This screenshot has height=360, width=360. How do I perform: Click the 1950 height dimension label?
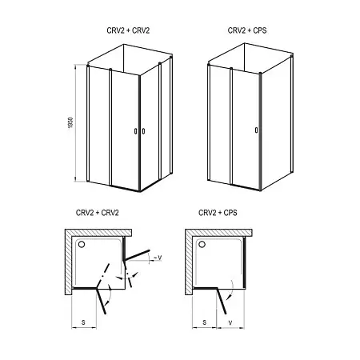click(70, 122)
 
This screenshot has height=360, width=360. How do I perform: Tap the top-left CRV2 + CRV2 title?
click(128, 30)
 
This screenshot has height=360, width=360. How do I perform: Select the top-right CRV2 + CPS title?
click(247, 30)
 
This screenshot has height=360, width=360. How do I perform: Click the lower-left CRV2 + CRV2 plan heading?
click(98, 213)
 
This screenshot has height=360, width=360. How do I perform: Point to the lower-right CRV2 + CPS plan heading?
click(218, 213)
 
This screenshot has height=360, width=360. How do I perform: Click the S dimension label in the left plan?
click(83, 322)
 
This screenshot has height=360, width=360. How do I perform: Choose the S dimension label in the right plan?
click(205, 322)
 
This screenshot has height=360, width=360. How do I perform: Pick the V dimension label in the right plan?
click(230, 323)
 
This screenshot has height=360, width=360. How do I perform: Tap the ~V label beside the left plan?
click(158, 258)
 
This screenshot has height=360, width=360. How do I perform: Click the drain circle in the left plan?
click(82, 244)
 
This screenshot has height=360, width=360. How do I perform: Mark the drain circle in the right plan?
click(202, 244)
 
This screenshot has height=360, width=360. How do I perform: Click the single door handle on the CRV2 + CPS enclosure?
click(256, 130)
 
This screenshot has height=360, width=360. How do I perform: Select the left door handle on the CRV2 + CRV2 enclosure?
click(135, 131)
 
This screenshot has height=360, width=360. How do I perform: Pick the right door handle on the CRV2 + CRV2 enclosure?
click(143, 131)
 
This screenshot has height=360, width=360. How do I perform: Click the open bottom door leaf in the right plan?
click(222, 301)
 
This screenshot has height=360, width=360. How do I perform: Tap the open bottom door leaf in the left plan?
click(102, 301)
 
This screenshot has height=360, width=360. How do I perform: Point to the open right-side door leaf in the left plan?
click(137, 255)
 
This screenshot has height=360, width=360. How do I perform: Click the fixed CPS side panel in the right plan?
click(244, 262)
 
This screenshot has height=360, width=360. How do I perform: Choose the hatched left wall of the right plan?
click(189, 262)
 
